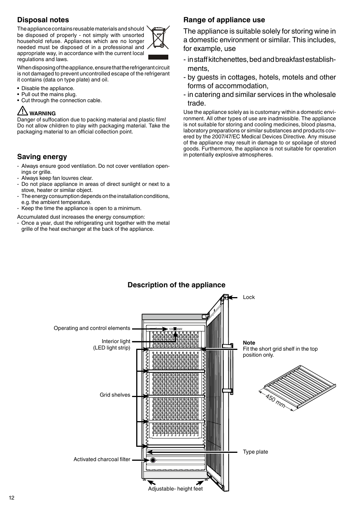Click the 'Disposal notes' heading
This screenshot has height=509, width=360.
43,20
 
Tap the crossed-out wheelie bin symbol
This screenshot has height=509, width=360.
158,38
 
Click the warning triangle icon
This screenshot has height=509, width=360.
22,112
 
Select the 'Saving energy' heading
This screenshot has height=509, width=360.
42,157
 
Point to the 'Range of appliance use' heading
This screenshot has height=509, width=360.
224,20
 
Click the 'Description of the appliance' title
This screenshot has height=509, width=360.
176,285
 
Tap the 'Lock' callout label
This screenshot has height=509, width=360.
249,297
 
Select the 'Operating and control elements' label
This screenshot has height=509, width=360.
92,328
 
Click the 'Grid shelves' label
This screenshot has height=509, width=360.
115,395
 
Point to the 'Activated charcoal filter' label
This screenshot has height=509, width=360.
102,459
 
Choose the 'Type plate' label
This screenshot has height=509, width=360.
255,452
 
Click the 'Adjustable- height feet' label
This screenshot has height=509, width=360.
175,489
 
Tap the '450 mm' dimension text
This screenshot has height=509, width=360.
275,400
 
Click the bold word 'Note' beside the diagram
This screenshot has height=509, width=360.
249,343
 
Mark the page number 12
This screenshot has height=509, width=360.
12,498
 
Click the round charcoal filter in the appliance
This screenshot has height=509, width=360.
153,460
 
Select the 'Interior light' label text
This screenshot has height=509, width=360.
116,341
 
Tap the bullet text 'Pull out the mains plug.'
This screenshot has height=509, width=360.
49,94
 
